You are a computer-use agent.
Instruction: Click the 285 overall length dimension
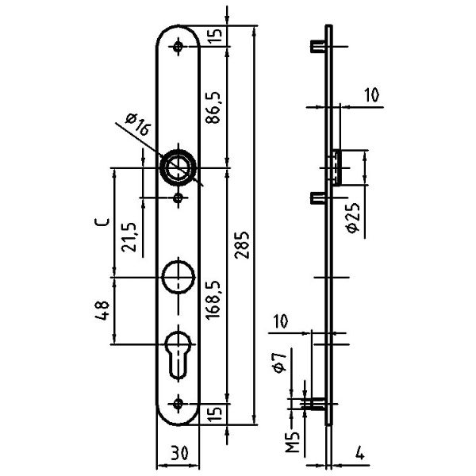242,245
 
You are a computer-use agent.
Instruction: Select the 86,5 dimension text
213,107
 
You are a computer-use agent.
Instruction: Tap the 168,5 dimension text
213,299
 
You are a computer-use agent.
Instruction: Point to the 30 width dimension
179,453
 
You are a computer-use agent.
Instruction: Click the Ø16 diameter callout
137,124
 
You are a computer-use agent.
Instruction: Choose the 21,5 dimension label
129,237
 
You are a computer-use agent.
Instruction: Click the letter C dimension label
102,222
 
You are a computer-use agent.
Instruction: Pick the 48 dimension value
102,310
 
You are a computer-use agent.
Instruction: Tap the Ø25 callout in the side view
353,218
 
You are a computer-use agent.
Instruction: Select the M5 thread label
293,442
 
